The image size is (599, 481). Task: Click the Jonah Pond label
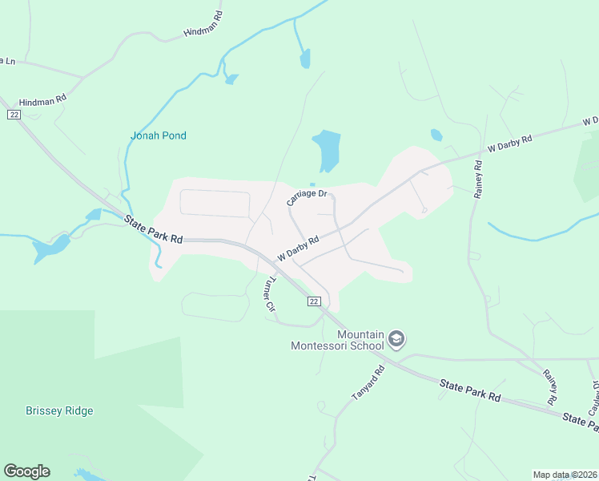158,135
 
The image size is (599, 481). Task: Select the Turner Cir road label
269,294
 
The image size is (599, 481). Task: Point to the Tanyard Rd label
368,383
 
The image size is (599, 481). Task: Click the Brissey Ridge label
58,411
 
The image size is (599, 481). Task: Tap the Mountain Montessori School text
339,340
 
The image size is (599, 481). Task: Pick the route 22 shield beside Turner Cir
314,301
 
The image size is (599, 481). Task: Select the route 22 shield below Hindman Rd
14,115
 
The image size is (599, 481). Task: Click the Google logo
26,471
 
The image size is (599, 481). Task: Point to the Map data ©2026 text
564,475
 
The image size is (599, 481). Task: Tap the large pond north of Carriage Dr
327,149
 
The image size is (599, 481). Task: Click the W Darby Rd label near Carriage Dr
298,248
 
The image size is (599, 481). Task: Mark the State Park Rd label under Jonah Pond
153,228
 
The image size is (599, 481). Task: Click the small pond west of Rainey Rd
436,135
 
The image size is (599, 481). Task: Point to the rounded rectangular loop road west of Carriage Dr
215,203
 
